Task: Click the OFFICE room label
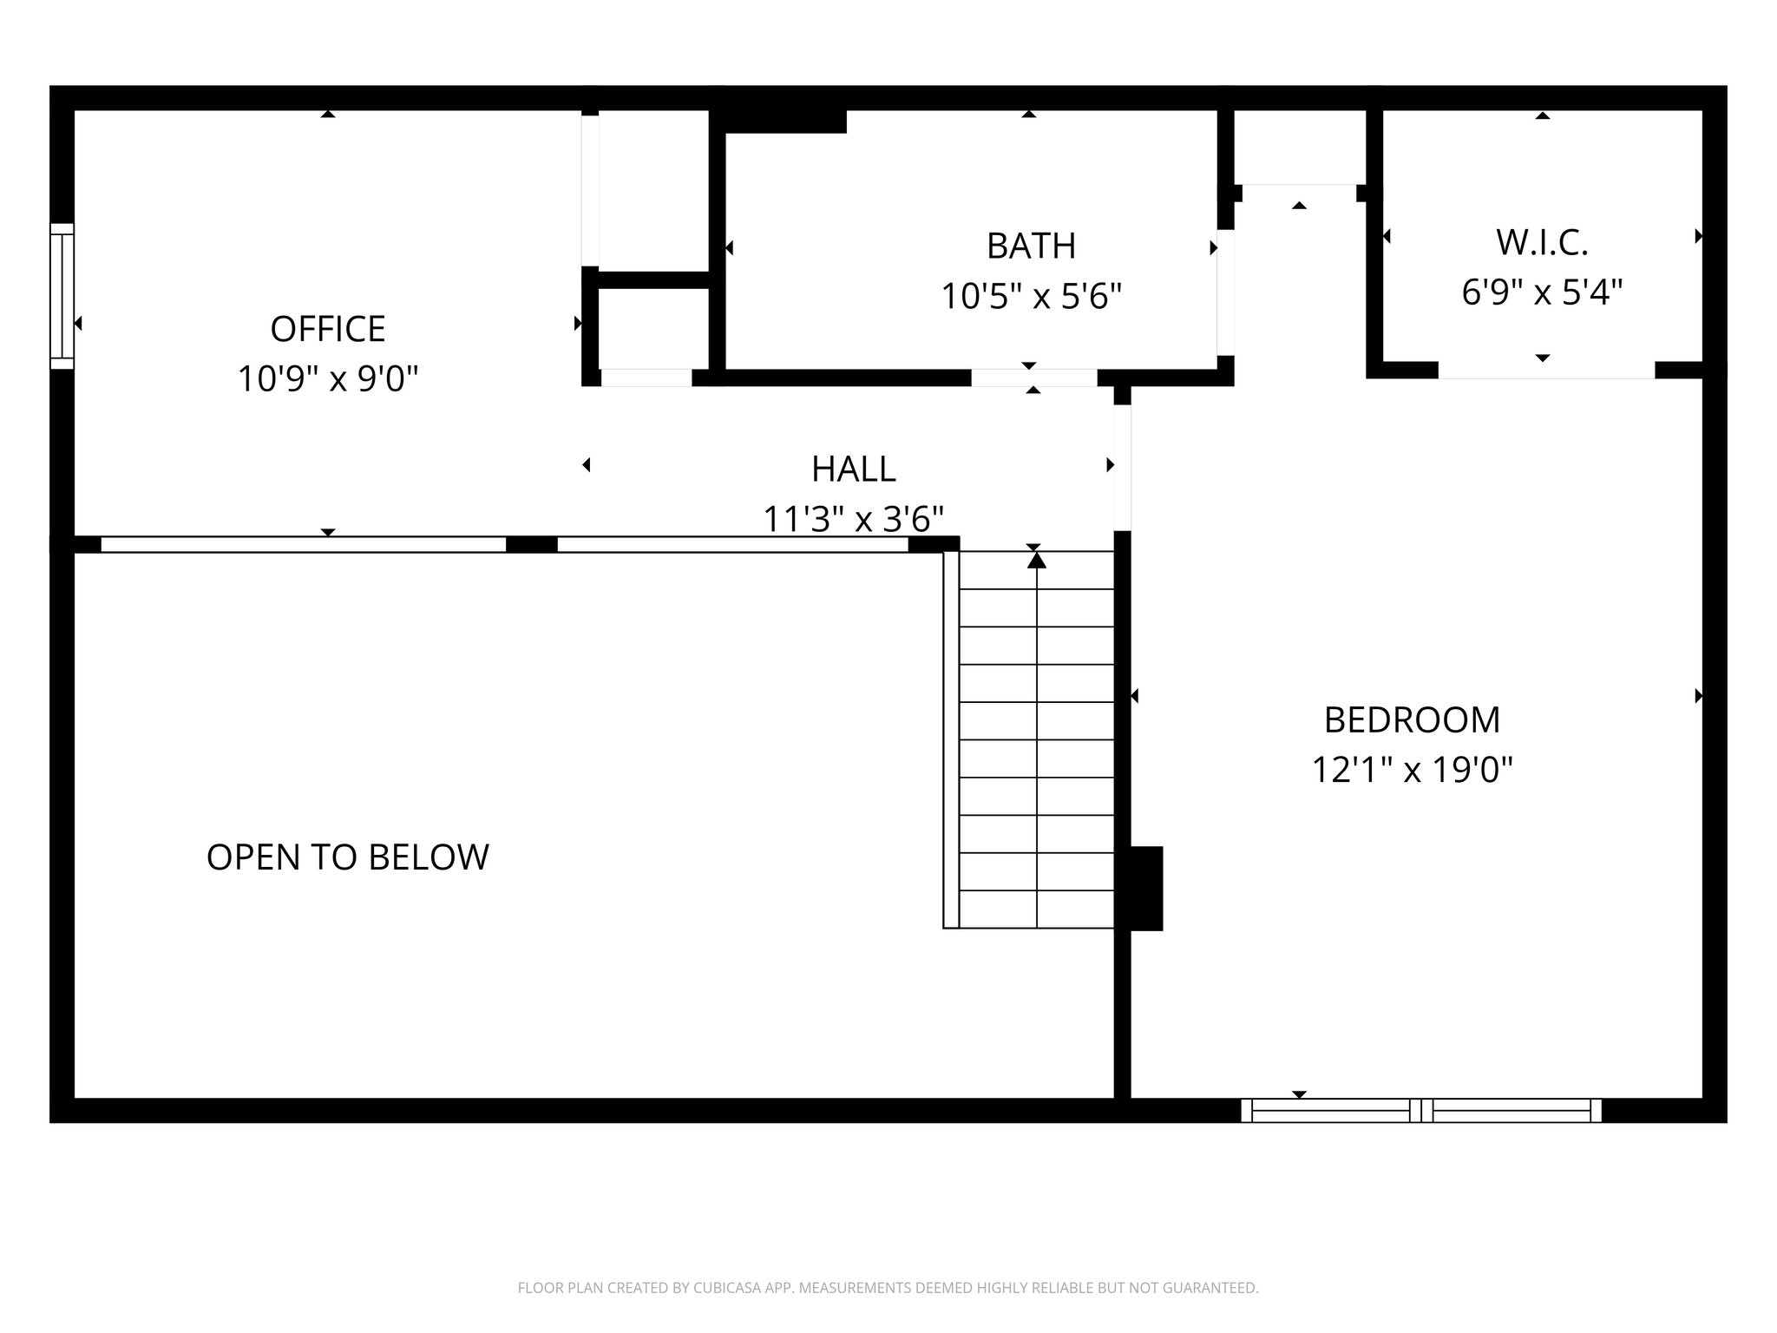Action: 327,329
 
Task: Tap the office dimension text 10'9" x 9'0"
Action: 327,379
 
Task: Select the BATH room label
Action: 1031,246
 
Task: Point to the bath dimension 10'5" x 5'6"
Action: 1031,297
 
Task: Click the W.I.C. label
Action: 1542,243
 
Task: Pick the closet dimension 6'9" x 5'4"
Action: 1542,292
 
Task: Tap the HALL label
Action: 853,470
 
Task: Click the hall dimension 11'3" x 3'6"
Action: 853,520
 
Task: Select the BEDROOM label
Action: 1412,719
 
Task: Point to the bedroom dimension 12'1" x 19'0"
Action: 1412,770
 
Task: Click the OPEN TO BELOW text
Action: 347,857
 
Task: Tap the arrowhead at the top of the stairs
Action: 1036,561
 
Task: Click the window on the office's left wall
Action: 62,296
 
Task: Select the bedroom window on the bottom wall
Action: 1420,1110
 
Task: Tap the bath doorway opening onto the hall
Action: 1033,378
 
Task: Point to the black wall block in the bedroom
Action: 1145,888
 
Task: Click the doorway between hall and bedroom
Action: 1122,468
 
